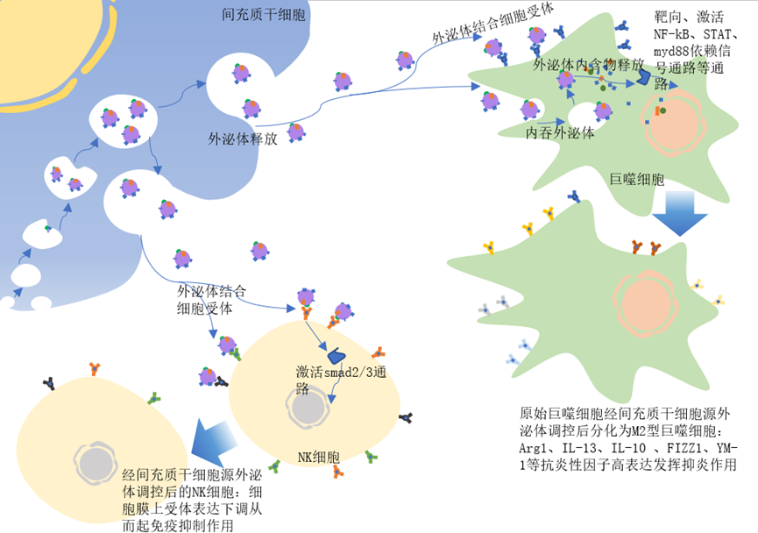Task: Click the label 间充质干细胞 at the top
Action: [264, 15]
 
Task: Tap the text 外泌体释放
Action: [243, 139]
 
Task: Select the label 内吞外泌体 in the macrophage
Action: [560, 132]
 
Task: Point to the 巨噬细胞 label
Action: [637, 179]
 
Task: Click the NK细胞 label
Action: [319, 457]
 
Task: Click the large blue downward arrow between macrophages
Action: [680, 213]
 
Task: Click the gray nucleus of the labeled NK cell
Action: [309, 408]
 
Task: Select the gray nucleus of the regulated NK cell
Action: [96, 463]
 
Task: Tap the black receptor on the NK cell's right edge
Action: [406, 417]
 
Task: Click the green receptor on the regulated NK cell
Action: [154, 398]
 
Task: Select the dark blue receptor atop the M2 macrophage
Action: [574, 196]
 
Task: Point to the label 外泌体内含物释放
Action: [588, 64]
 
